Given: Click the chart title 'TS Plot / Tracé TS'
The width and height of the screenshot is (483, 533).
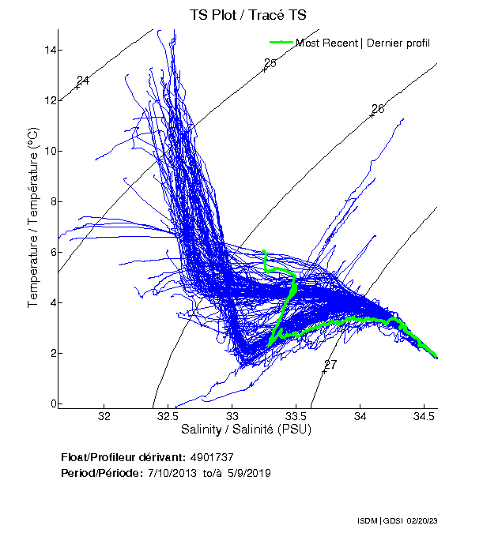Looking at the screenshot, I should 248,15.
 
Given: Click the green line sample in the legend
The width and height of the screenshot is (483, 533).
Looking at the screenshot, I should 281,43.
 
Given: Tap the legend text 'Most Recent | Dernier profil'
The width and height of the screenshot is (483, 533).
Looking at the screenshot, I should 363,43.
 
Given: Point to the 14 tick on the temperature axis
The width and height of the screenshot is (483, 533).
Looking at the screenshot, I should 51,50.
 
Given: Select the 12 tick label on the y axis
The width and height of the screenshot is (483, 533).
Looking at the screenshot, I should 51,100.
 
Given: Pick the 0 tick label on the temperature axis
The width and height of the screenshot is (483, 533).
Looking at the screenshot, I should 54,404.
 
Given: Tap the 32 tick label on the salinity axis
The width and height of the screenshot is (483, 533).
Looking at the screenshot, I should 104,416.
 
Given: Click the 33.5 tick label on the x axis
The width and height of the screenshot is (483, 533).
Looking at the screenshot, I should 296,416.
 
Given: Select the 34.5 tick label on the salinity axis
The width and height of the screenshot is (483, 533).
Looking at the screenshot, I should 425,416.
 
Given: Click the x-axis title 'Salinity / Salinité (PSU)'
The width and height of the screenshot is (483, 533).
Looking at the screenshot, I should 247,430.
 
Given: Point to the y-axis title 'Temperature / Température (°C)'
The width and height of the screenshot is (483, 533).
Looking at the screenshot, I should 33,218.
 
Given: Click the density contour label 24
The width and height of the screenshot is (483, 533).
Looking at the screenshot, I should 83,81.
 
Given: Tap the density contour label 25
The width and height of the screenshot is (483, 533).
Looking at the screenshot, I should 270,63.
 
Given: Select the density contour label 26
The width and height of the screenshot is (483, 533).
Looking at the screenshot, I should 378,109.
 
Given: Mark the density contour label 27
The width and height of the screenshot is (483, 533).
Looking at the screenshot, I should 330,365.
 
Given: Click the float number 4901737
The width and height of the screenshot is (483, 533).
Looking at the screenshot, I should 213,457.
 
